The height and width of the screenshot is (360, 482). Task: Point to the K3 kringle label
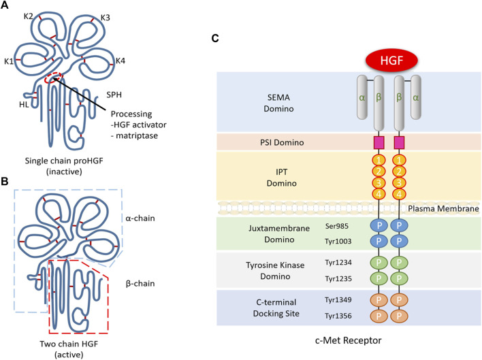click(x=107, y=16)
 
